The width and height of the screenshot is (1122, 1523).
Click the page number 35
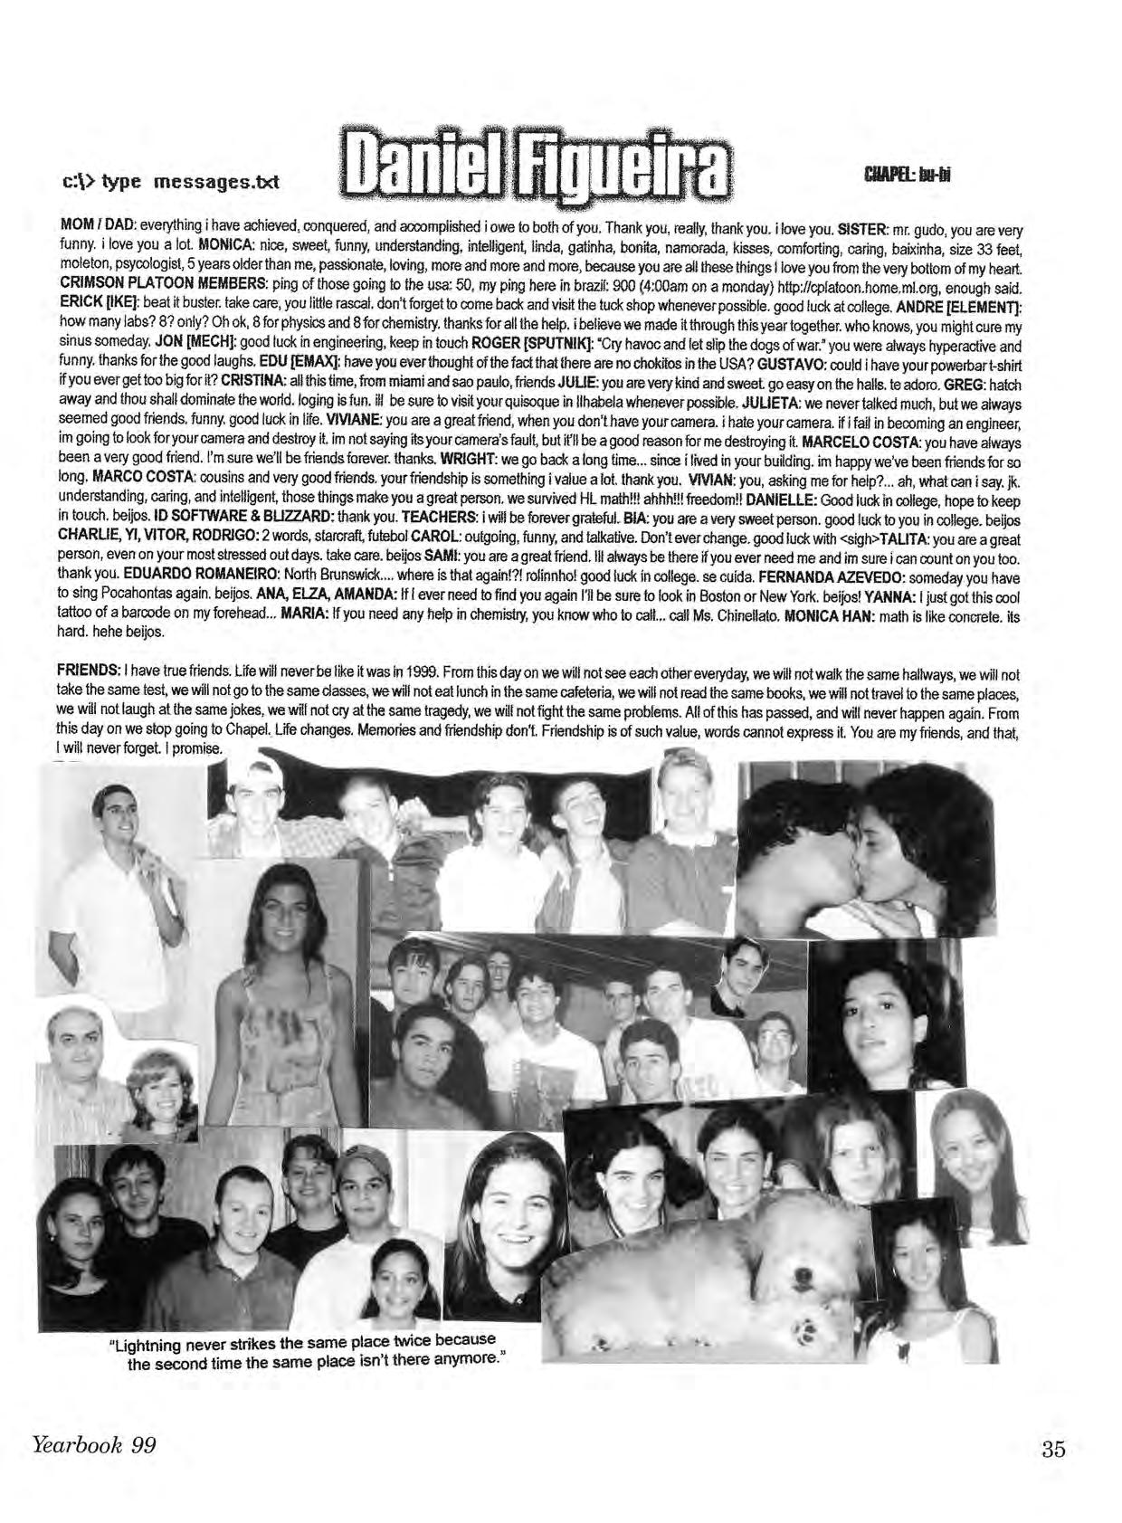[1053, 1449]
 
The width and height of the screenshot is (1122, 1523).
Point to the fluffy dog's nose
[801, 1275]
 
